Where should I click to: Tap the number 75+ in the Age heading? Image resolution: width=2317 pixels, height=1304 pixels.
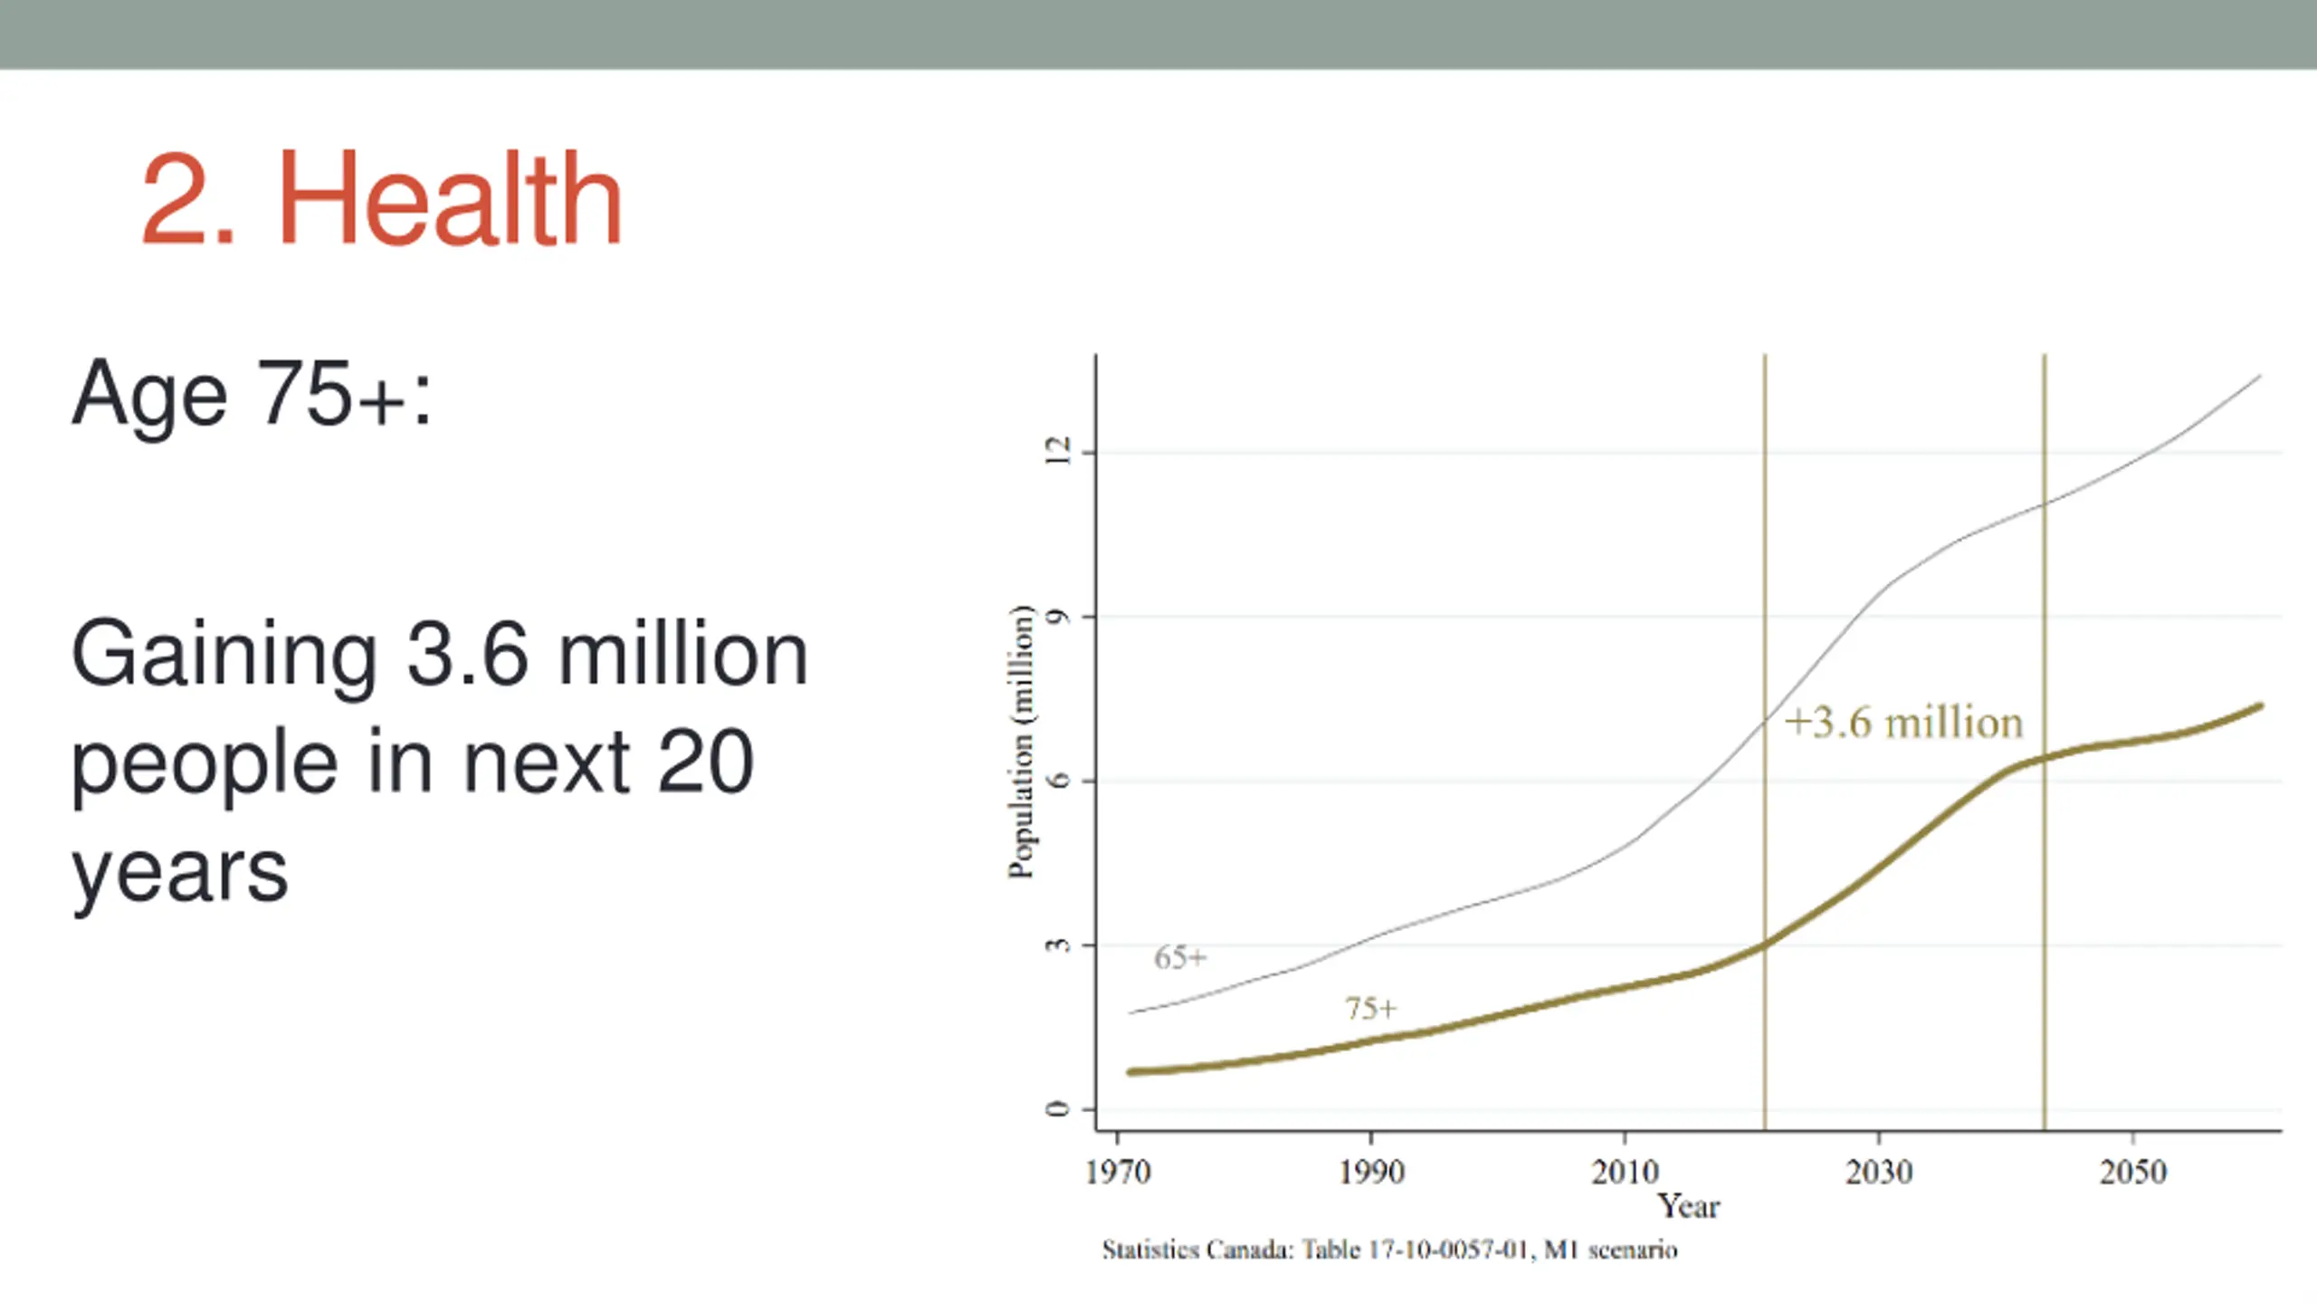(329, 393)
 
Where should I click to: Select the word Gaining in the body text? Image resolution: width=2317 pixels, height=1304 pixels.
(224, 656)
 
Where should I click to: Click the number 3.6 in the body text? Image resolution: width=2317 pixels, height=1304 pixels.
(467, 654)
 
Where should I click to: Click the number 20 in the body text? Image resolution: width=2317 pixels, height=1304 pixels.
(705, 762)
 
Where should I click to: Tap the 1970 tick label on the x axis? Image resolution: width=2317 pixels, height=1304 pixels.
(1118, 1173)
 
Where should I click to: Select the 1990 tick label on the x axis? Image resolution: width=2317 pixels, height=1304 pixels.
(1371, 1173)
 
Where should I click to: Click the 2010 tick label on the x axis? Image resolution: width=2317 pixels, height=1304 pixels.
(1626, 1173)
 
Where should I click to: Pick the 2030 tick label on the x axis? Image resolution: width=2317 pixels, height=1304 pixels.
(1879, 1173)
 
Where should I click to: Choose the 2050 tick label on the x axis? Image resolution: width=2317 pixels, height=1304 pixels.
(2133, 1173)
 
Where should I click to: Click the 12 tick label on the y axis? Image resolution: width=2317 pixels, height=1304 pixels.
(1057, 451)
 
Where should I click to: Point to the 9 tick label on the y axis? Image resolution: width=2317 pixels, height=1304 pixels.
(1057, 617)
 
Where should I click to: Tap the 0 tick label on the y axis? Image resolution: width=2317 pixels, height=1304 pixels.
(1057, 1109)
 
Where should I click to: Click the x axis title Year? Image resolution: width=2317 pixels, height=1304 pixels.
(1688, 1206)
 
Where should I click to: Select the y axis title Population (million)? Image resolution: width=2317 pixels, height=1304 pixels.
(1021, 741)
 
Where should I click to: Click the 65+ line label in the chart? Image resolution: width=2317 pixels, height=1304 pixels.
(1180, 957)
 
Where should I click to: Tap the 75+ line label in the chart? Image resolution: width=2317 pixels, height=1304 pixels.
(1371, 1008)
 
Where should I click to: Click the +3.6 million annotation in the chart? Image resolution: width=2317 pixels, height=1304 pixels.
(1903, 724)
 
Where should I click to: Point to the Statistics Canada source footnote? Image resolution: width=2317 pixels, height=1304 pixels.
(1389, 1251)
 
